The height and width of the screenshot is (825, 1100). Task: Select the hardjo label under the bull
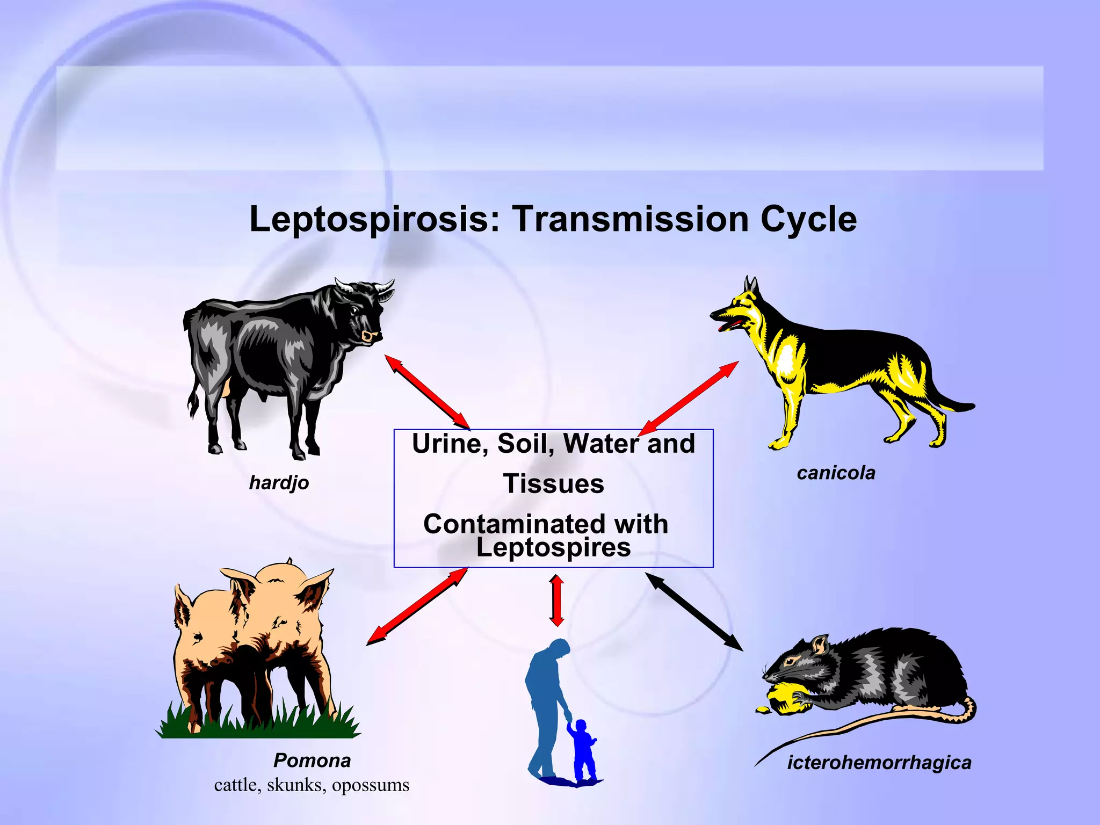coord(279,482)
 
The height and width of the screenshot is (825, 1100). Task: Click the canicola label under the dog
coord(836,473)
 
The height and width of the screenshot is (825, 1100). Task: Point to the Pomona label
coord(312,761)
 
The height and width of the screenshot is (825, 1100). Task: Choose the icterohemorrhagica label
coord(879,763)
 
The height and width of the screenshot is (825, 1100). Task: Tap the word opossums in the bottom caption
coord(371,785)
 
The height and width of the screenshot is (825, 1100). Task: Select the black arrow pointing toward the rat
coord(693,611)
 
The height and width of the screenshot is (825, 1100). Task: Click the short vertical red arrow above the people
coord(557,600)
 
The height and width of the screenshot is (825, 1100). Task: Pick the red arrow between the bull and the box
coord(428,392)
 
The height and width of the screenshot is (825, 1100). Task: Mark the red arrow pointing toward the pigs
coord(417,606)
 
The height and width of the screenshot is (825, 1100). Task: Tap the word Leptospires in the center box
coord(553,548)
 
